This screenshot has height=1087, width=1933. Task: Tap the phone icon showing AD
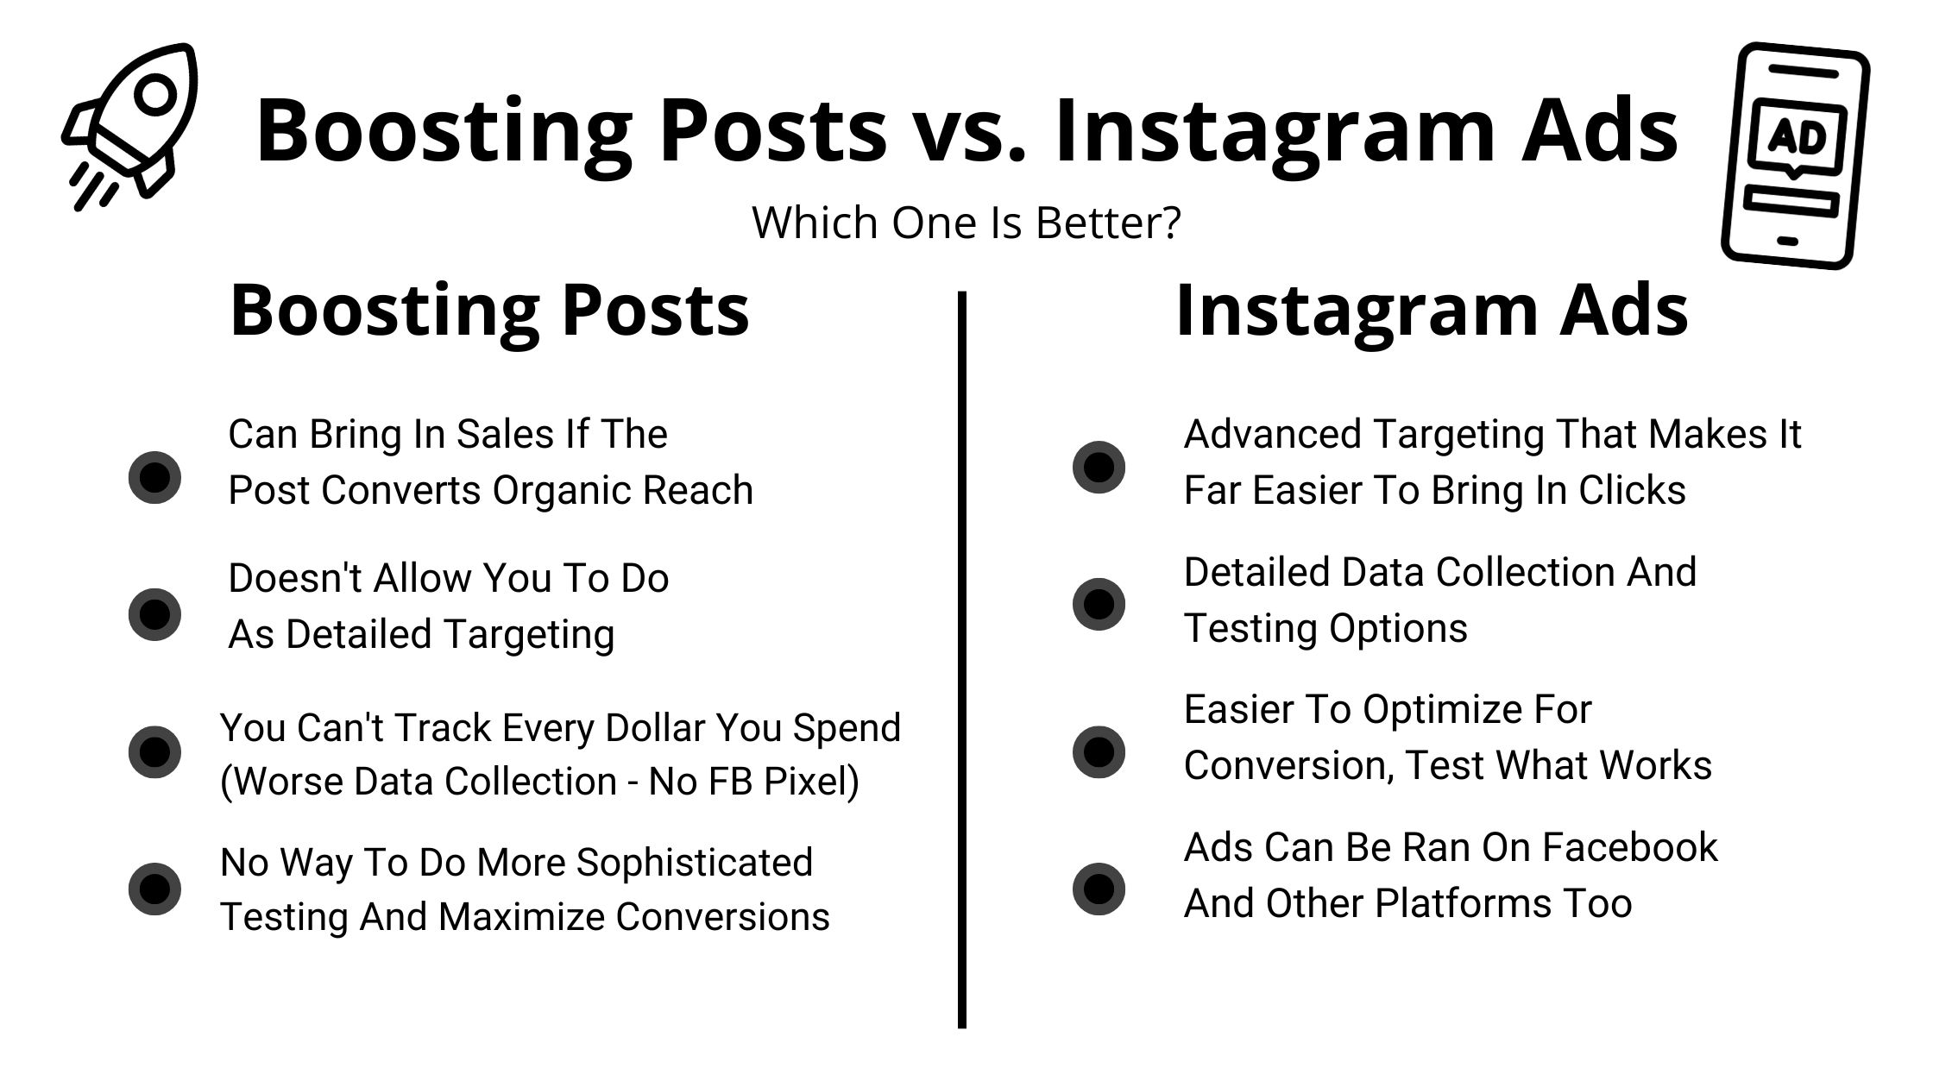point(1795,155)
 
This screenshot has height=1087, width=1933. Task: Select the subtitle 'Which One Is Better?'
point(966,223)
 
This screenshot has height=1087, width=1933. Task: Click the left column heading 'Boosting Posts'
point(489,311)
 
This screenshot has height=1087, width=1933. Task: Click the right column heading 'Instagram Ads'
point(1432,311)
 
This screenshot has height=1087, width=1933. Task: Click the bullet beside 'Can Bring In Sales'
point(154,477)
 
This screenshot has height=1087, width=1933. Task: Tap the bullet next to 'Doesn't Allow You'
point(154,614)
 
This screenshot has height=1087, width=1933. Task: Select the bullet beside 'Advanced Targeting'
point(1099,467)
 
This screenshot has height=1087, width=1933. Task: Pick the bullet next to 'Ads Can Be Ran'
point(1099,889)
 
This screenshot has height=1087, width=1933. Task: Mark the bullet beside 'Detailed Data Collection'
point(1099,604)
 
